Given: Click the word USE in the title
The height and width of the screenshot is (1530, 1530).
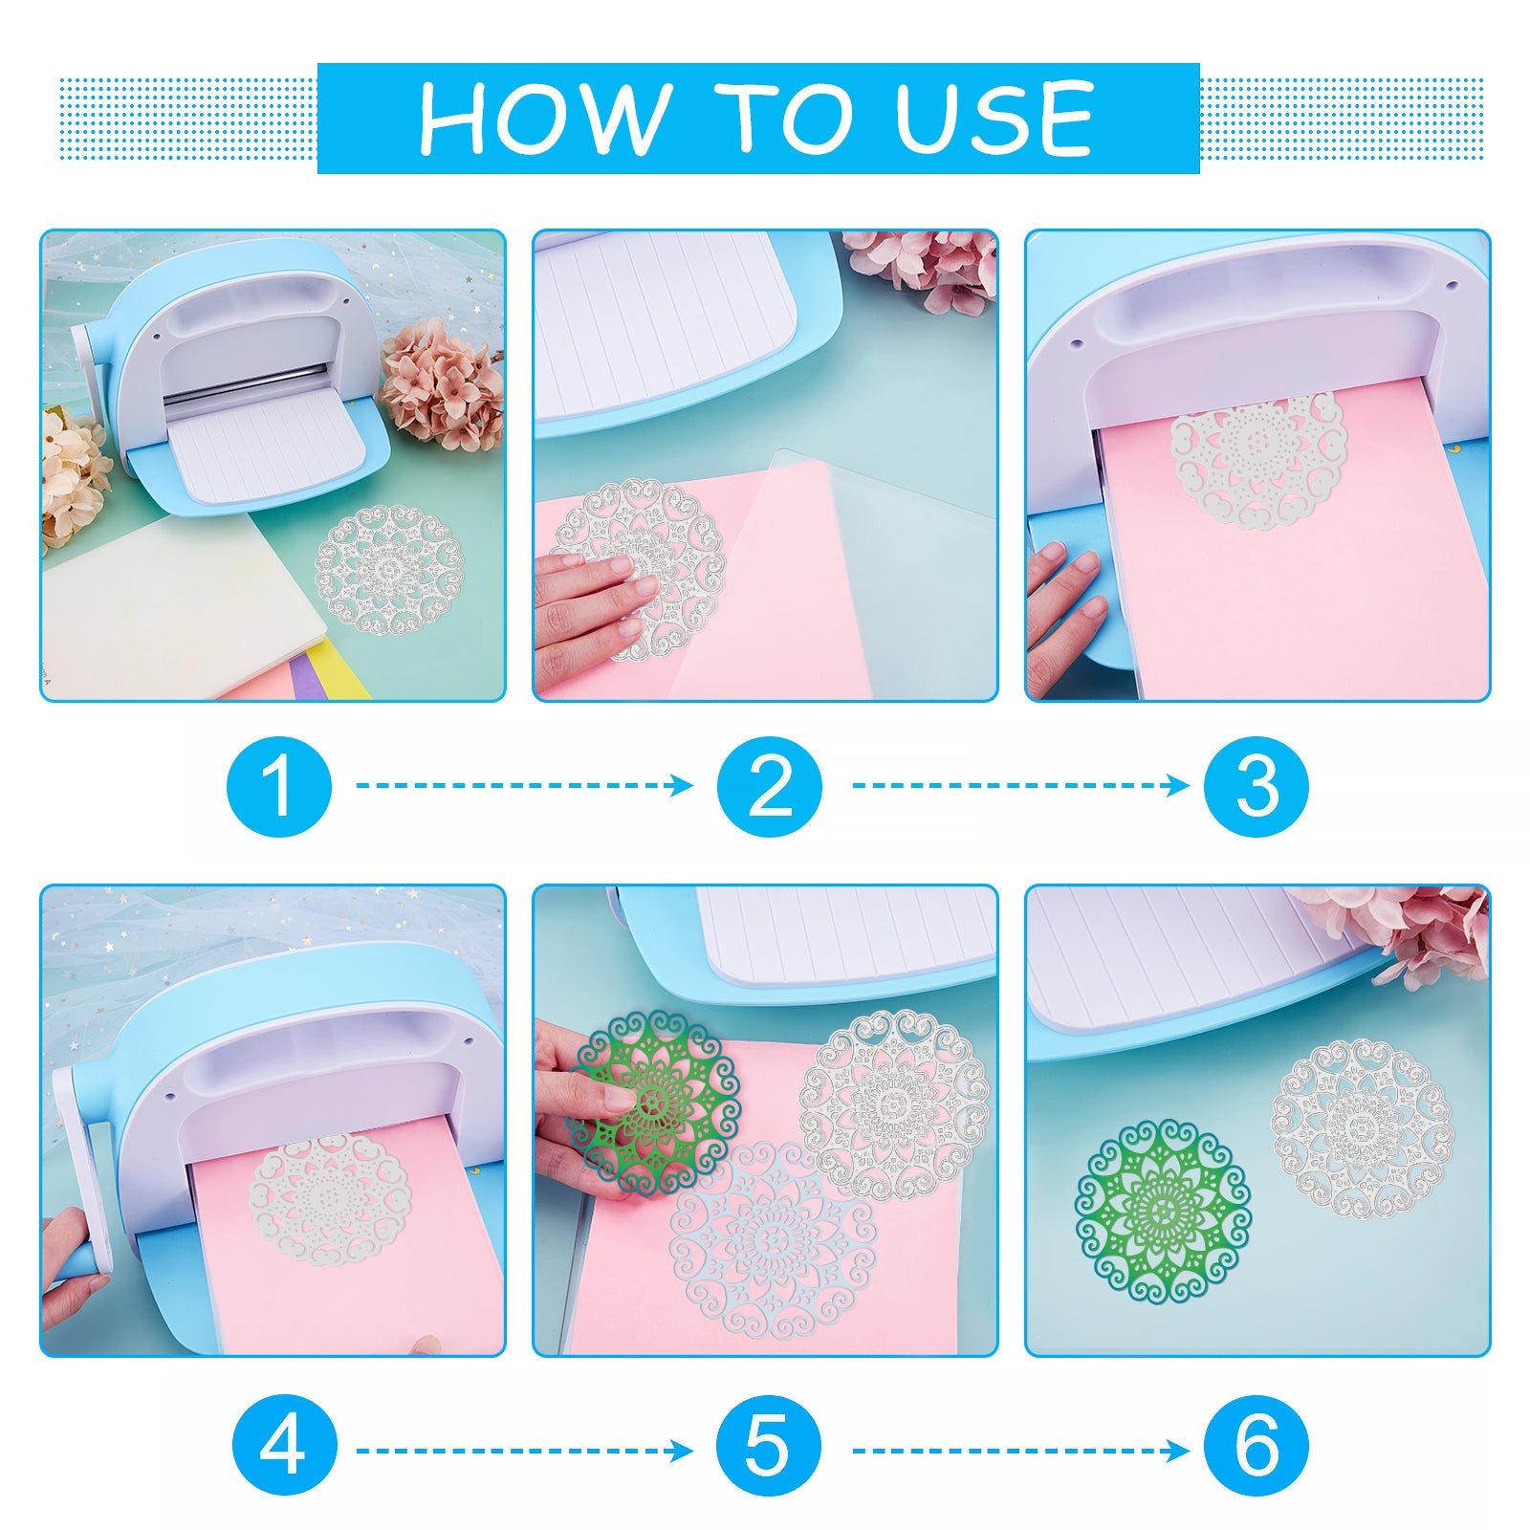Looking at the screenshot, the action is (x=994, y=118).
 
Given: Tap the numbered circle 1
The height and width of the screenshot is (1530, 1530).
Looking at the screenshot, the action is (x=279, y=786).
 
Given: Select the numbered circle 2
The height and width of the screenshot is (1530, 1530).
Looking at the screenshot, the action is (x=770, y=786).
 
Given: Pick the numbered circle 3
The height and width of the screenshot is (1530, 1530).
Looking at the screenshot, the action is (x=1256, y=786).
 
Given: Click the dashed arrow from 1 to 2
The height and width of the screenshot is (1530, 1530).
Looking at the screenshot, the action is (x=525, y=785).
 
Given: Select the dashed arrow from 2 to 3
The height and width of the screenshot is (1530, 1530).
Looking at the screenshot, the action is (x=1020, y=785).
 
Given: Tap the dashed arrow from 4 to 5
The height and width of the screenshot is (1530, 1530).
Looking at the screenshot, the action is (x=525, y=1451).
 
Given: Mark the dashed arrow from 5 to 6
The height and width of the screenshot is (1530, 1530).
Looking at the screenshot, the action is (x=1020, y=1451).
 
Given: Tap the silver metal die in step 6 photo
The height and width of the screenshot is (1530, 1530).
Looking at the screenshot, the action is (x=1362, y=1128).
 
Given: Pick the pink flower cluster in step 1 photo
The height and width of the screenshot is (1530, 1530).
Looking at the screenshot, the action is (x=443, y=383).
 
